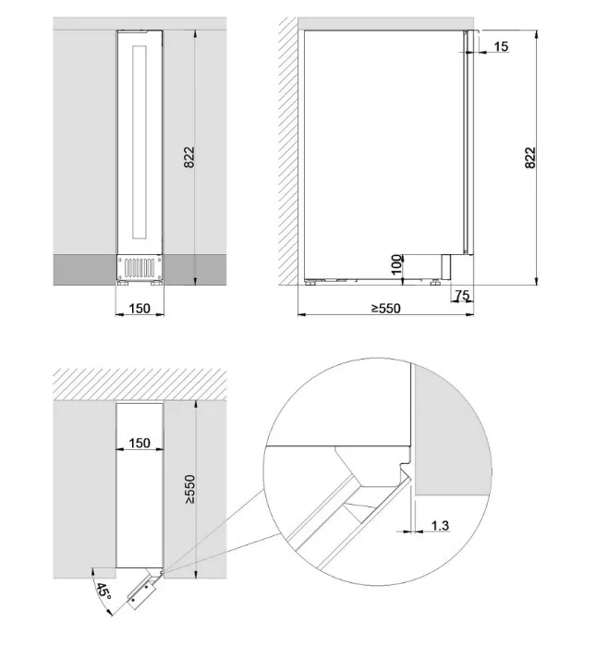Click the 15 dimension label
pos(501,46)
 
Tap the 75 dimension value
pos(462,295)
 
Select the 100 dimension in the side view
pos(395,264)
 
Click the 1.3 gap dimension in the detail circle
pos(440,526)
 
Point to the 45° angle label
pos(103,592)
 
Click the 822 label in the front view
pos(189,157)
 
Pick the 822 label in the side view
pos(530,157)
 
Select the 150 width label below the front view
pos(140,308)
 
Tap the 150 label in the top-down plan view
pos(140,443)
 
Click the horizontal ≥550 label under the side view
pos(385,308)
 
